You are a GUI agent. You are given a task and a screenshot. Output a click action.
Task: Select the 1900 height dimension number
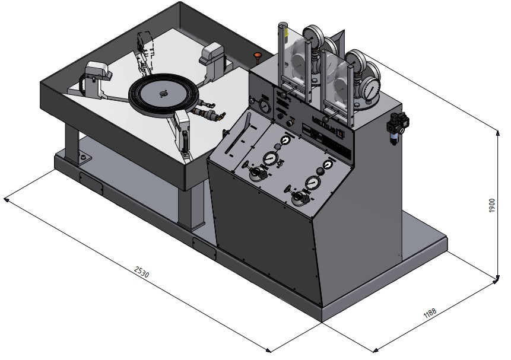(492, 206)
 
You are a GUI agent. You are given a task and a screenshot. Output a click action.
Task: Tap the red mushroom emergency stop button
(258, 56)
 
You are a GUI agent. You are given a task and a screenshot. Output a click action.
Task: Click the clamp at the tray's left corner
(97, 76)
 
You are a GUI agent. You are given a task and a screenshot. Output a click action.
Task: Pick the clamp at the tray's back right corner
(212, 58)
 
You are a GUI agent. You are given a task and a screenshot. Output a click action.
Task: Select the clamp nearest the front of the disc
(183, 129)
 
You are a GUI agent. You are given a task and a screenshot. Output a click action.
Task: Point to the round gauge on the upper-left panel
(263, 107)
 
